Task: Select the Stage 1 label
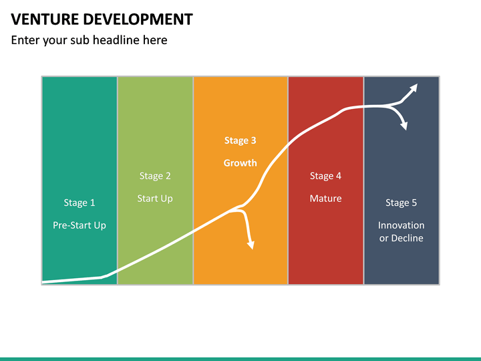[x=79, y=203]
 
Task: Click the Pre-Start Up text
[x=79, y=225]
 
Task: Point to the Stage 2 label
[x=155, y=176]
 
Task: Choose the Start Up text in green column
[x=155, y=199]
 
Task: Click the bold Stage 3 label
[x=240, y=140]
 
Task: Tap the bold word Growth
[x=240, y=163]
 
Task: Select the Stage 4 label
[x=325, y=176]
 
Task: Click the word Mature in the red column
[x=325, y=199]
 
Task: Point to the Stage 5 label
[x=401, y=203]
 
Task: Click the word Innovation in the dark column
[x=401, y=225]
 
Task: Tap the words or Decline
[x=401, y=238]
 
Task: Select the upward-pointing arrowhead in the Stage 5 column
[x=414, y=88]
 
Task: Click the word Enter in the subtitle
[x=25, y=40]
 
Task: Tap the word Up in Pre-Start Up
[x=99, y=225]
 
